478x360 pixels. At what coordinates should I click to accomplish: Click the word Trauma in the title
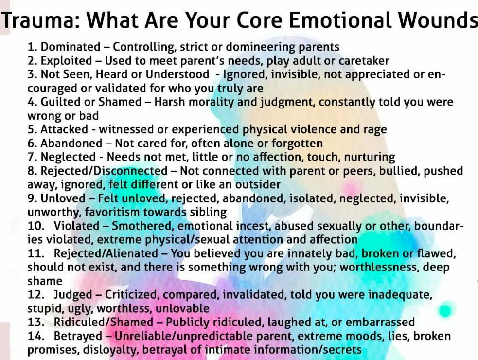pyautogui.click(x=39, y=20)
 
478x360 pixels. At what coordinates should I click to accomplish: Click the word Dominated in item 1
pyautogui.click(x=71, y=47)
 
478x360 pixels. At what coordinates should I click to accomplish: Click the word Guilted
pyautogui.click(x=60, y=102)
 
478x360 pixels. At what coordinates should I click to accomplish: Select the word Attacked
pyautogui.click(x=64, y=129)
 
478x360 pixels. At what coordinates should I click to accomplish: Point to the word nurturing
pyautogui.click(x=370, y=157)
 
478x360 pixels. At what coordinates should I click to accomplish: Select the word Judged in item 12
pyautogui.click(x=73, y=295)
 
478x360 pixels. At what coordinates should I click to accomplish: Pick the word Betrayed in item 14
pyautogui.click(x=78, y=336)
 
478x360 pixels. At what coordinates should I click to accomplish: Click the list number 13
pyautogui.click(x=35, y=322)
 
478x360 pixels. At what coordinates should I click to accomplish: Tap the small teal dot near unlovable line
pyautogui.click(x=445, y=310)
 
